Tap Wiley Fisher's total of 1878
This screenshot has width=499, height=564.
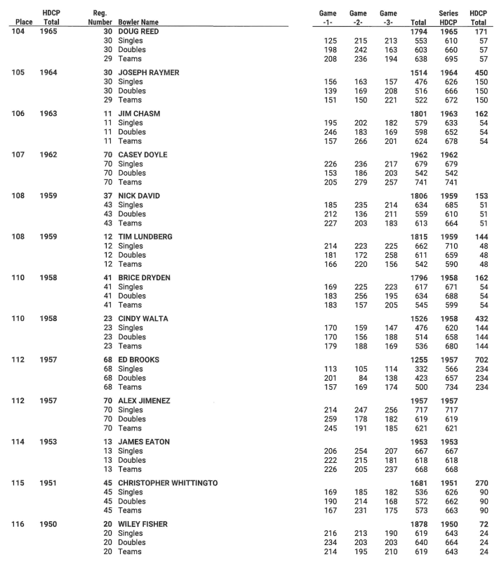pos(418,523)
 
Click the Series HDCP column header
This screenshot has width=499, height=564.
pos(448,18)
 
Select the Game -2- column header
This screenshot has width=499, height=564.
pos(358,18)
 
